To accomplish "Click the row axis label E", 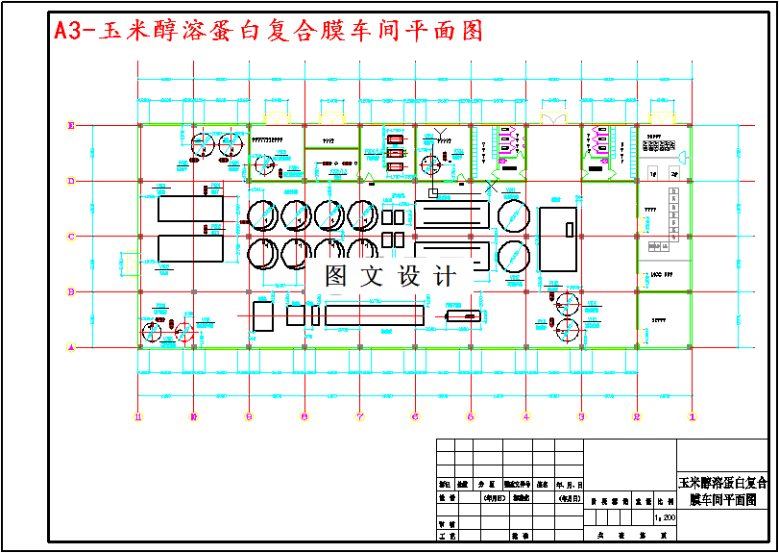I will tap(70, 125).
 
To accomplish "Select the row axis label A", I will tap(70, 347).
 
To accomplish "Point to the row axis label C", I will tap(70, 236).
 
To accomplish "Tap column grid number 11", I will tap(138, 416).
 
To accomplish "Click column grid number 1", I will tap(691, 416).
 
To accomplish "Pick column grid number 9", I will tap(249, 416).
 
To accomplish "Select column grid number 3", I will tap(581, 416).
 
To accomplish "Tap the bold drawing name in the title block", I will tap(723, 490).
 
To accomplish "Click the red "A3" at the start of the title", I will tap(69, 31).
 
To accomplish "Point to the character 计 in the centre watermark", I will tap(445, 277).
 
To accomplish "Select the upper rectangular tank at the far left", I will tap(189, 209).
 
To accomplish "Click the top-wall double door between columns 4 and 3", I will tap(553, 118).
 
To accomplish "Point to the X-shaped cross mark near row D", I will tap(493, 183).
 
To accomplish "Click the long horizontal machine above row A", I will tap(374, 314).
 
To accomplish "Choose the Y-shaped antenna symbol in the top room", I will tap(442, 131).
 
